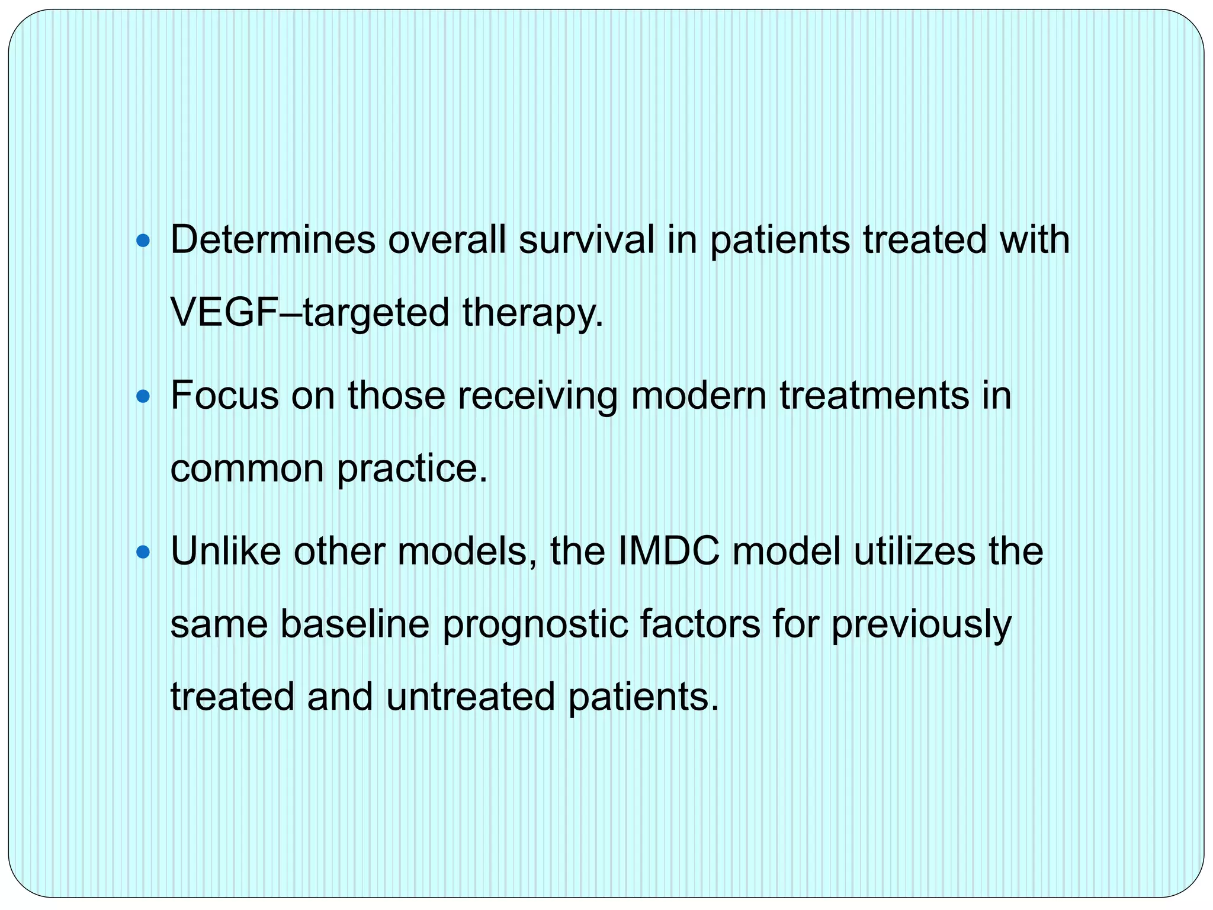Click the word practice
tap(412, 469)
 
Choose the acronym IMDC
tap(669, 551)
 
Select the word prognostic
tap(535, 626)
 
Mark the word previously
tap(921, 626)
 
